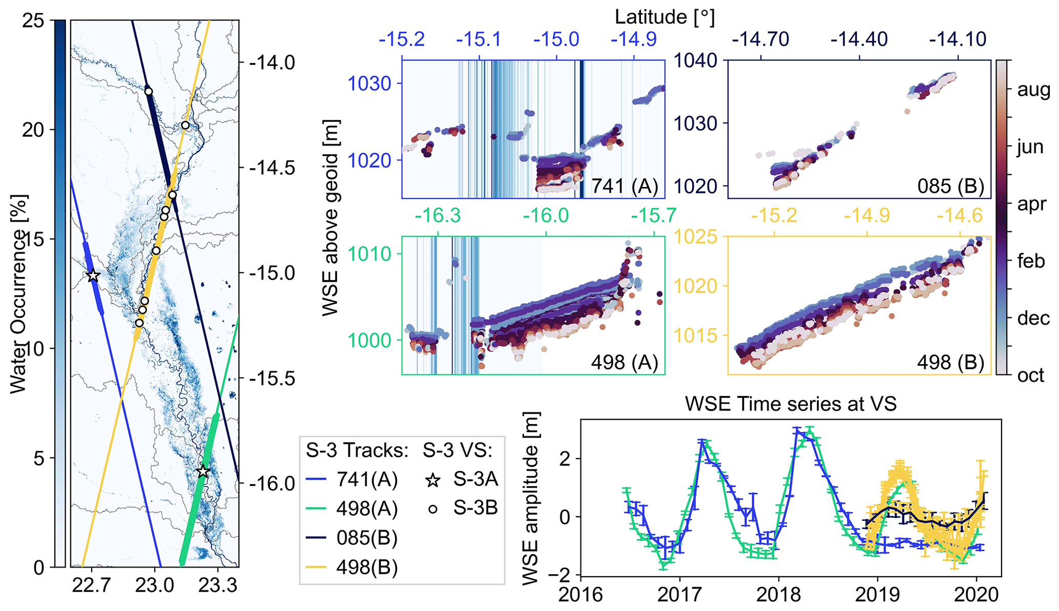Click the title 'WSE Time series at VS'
coord(791,404)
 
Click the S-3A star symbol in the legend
coord(433,480)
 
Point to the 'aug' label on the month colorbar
coord(1033,90)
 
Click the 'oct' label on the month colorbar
coord(1030,375)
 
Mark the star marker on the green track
coord(203,471)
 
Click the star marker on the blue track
coord(93,276)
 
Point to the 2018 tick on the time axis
coord(778,595)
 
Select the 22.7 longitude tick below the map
coord(92,585)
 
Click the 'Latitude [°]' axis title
coord(665,17)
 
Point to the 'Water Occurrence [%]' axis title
coord(18,294)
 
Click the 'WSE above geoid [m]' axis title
coord(331,218)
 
